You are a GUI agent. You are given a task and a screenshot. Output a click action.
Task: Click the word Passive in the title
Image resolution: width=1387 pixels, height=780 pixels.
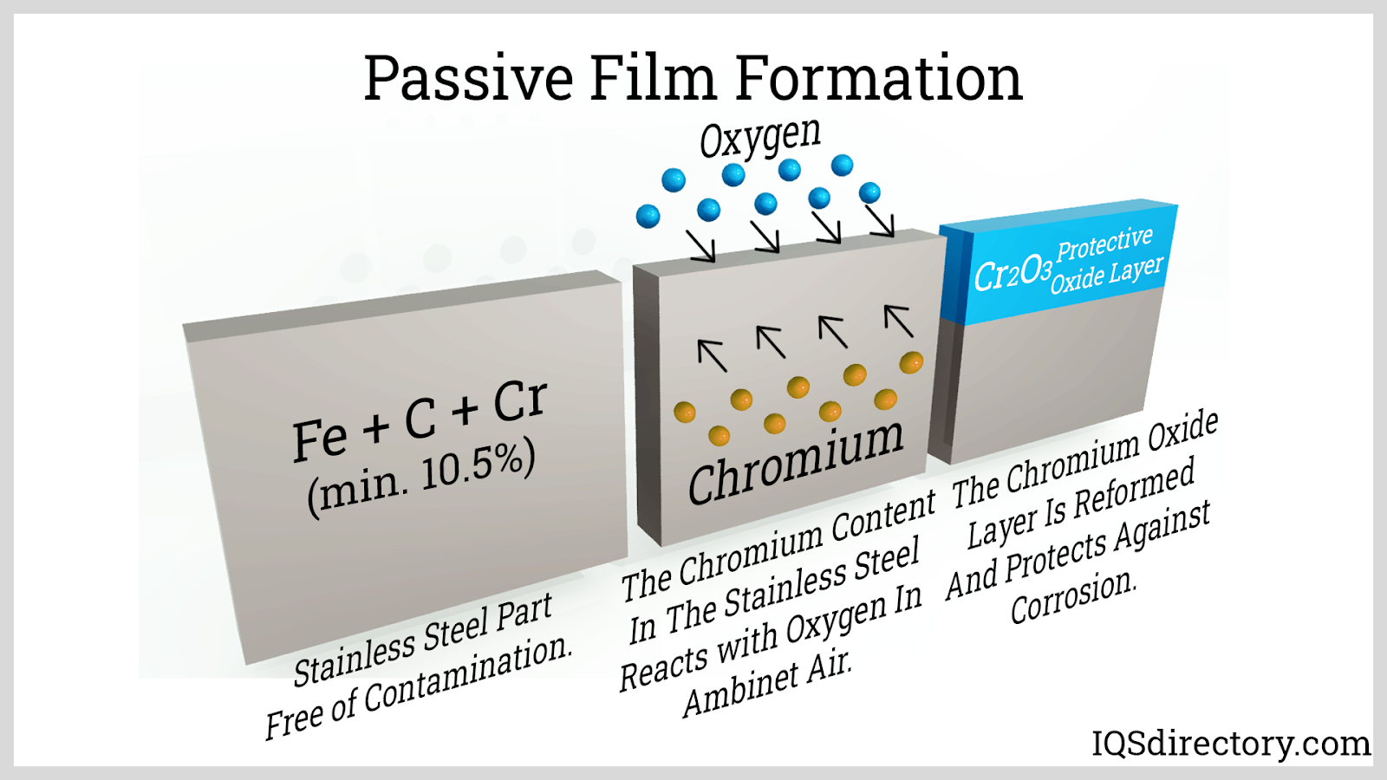coord(468,78)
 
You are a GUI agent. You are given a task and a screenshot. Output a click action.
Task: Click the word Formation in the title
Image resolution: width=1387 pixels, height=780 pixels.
coord(879,78)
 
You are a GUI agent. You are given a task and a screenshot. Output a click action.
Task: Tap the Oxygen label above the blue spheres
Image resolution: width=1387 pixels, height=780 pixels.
coord(760,138)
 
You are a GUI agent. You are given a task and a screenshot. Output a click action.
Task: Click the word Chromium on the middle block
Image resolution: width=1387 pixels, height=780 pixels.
coord(796,462)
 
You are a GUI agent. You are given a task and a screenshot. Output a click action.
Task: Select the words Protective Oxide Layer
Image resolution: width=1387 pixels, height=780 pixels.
coord(1106,260)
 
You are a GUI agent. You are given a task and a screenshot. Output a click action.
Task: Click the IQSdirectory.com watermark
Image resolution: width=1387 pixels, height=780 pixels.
coord(1231,744)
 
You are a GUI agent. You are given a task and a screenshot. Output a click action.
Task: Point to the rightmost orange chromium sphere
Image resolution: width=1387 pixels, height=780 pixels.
coord(911,363)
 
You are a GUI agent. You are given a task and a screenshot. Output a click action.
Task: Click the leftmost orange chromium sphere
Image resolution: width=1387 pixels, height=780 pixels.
coord(684,412)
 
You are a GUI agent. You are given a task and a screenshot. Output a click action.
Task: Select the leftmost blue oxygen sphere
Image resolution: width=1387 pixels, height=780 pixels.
coord(648,216)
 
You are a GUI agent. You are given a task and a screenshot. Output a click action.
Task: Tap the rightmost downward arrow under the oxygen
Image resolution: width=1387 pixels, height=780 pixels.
coord(879,221)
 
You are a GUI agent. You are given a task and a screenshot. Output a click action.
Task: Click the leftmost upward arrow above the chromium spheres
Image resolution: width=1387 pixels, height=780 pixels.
coord(712,355)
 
